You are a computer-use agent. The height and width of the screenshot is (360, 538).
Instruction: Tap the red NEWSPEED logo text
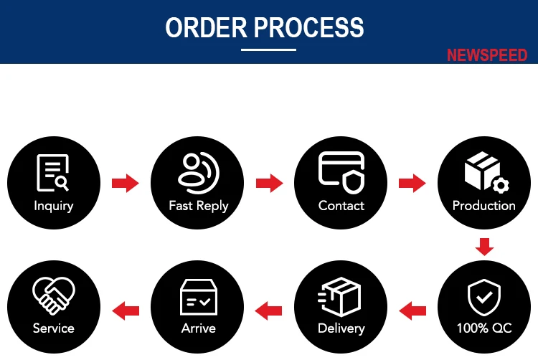coord(486,55)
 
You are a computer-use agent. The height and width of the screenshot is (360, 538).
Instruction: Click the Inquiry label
coord(54,206)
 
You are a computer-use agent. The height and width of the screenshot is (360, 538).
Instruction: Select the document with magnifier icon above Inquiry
coord(53,173)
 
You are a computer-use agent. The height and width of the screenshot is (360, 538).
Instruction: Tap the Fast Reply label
coord(198,206)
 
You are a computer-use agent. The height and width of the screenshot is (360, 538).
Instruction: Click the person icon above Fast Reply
coord(197,171)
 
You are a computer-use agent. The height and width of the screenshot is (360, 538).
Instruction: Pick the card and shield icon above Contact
coord(341,172)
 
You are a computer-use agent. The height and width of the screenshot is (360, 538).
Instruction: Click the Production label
coord(484,206)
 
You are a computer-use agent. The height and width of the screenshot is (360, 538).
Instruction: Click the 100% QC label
coord(484,328)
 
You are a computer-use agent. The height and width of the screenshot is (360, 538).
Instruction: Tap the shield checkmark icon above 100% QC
coord(484,295)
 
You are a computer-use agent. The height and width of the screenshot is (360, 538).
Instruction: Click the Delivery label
coord(341,328)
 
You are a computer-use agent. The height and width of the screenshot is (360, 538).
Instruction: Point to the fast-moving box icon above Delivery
coord(340,295)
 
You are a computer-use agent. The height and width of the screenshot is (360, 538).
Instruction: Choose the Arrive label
coord(198,328)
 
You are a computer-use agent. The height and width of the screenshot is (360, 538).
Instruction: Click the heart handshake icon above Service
coord(53,295)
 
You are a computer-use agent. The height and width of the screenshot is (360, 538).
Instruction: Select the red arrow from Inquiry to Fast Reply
coord(125,184)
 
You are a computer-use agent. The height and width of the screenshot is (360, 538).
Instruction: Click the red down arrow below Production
coord(485,247)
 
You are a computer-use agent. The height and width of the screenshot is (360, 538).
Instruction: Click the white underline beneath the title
coord(268,49)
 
